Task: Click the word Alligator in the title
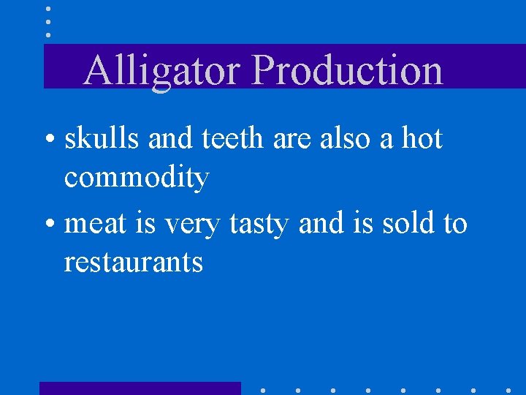[x=162, y=72]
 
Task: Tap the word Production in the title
[x=347, y=72]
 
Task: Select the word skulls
[x=102, y=138]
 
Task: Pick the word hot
[x=419, y=138]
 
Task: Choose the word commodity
[x=137, y=178]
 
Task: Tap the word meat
[x=96, y=223]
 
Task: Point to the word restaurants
[x=133, y=262]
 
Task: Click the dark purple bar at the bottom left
[x=140, y=388]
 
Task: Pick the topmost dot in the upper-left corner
[x=48, y=10]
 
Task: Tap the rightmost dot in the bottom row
[x=508, y=390]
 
